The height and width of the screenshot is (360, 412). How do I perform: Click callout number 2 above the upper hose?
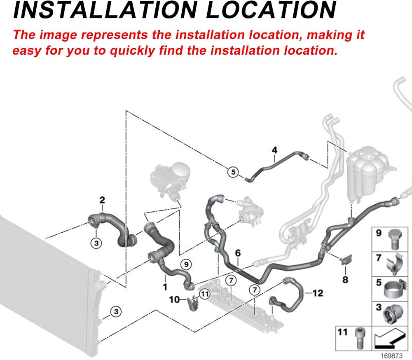[x=102, y=200]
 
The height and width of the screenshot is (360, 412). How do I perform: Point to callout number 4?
[x=274, y=150]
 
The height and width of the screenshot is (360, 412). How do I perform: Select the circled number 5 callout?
[x=233, y=172]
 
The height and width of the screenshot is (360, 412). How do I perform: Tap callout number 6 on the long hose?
[x=238, y=253]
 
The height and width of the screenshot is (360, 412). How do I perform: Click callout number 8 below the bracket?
[x=345, y=280]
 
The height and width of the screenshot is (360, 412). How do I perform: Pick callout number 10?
[x=174, y=299]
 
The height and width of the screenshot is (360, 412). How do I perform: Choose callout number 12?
[x=318, y=293]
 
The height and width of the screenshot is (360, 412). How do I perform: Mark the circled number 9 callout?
[x=186, y=264]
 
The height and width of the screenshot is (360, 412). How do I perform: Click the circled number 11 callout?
[x=205, y=294]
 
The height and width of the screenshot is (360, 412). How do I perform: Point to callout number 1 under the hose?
[x=165, y=287]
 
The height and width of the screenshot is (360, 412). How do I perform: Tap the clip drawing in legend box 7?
[x=395, y=264]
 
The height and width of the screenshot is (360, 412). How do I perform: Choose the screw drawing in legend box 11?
[x=359, y=338]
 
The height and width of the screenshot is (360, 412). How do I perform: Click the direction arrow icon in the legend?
[x=390, y=339]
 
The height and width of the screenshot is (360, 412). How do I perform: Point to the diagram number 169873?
[x=391, y=355]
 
